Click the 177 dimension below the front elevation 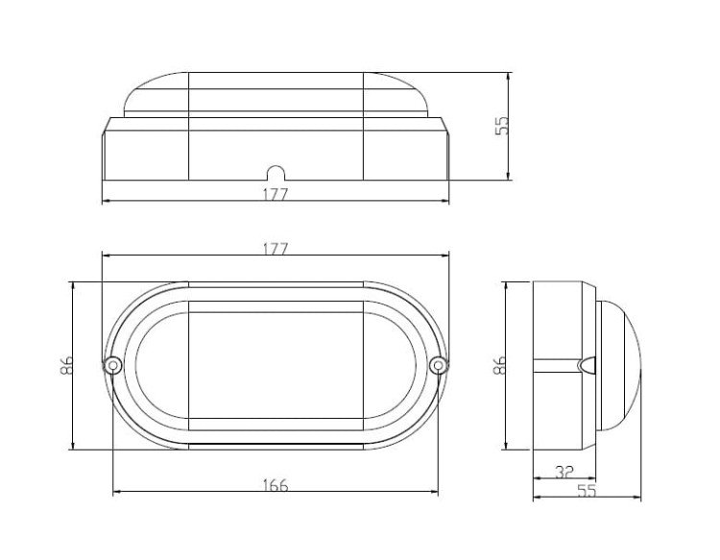276,194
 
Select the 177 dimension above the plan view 276,249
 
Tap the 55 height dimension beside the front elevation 502,125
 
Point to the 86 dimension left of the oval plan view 67,365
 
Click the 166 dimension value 276,485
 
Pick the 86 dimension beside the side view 499,365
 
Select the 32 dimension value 564,472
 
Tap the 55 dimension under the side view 587,491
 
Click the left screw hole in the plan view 112,365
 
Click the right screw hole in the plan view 439,365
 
